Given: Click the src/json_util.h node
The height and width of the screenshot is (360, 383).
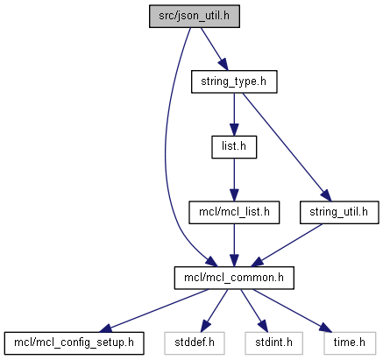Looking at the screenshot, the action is [x=195, y=17].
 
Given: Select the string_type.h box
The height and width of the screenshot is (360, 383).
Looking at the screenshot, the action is [x=234, y=81].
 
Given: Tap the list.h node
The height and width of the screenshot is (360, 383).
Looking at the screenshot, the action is [x=234, y=147].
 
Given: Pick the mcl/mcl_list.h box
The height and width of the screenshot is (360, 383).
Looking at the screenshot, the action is [x=234, y=213].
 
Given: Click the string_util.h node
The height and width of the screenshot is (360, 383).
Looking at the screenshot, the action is [x=339, y=213].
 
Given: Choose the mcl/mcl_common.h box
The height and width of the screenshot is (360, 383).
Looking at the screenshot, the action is [x=234, y=278].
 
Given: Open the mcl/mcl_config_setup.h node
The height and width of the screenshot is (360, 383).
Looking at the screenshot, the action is [x=74, y=343].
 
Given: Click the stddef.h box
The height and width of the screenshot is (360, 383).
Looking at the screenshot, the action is [x=195, y=343].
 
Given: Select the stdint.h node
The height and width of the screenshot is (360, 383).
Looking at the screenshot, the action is [x=273, y=343].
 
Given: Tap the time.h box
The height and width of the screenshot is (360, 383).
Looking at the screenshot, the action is [x=350, y=343].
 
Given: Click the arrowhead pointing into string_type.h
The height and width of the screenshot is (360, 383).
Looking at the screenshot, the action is [x=223, y=64].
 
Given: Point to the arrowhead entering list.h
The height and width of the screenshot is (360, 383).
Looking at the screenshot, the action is [x=234, y=130].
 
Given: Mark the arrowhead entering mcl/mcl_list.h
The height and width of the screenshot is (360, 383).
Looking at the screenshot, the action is [x=234, y=195].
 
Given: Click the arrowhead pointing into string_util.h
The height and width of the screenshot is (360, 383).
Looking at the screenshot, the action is [x=326, y=195].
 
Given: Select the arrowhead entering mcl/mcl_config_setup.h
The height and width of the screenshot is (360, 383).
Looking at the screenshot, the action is [x=105, y=328].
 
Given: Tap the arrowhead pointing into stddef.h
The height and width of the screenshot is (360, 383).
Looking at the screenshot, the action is [x=206, y=327].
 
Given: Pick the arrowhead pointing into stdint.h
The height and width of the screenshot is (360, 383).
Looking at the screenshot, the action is [x=263, y=327].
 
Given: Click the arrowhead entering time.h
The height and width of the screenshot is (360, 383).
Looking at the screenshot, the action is [x=325, y=328].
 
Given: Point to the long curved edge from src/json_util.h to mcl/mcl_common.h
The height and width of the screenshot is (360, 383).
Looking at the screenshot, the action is [x=166, y=146].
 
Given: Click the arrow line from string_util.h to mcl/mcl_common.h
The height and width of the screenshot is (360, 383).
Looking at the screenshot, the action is [x=287, y=245].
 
